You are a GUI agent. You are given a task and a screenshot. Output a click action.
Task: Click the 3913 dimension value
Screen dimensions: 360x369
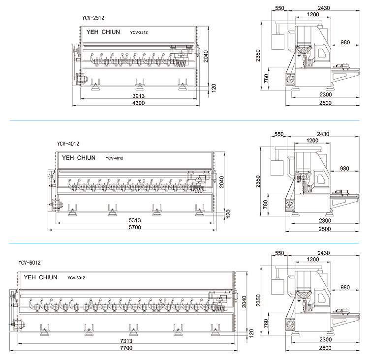(138, 96)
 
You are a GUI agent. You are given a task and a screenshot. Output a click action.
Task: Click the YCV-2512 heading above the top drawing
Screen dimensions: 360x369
(93, 18)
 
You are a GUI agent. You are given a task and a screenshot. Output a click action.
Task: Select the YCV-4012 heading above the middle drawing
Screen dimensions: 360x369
(68, 144)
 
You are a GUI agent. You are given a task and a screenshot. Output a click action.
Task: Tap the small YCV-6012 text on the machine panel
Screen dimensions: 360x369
(77, 278)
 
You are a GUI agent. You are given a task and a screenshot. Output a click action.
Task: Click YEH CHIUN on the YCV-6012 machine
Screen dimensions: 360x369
(40, 277)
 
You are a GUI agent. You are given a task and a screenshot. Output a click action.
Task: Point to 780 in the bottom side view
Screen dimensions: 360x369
(266, 323)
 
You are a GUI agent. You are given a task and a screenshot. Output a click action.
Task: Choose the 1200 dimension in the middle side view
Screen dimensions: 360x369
(313, 141)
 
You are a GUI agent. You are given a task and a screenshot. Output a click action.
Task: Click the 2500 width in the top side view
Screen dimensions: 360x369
(325, 103)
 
